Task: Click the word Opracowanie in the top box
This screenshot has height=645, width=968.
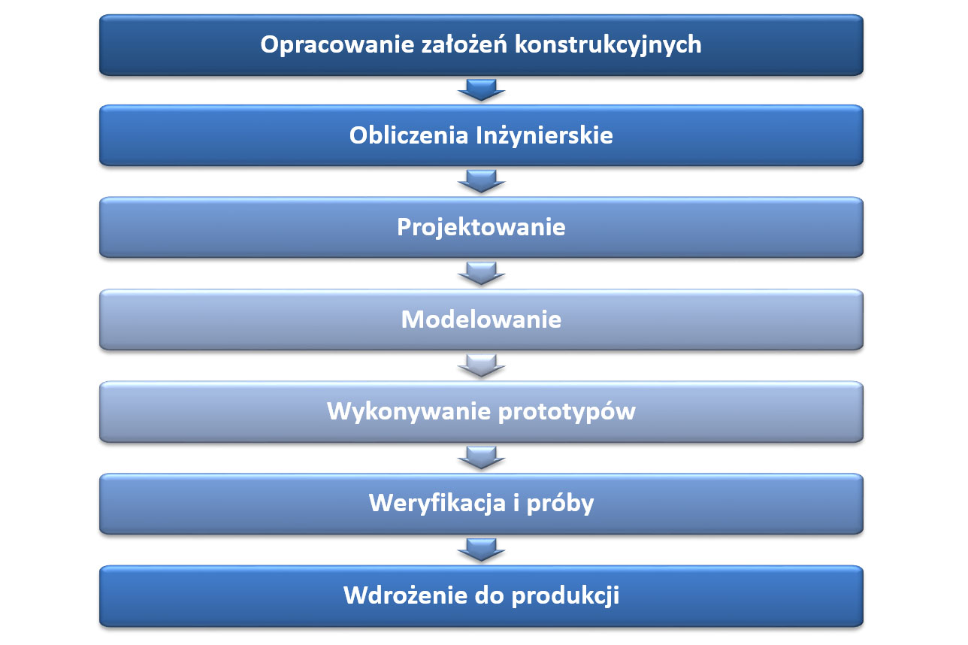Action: click(x=337, y=45)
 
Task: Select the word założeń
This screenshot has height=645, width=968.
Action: click(x=464, y=44)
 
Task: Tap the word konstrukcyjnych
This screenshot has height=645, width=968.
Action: click(x=608, y=45)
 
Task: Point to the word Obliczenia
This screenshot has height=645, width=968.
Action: click(x=409, y=135)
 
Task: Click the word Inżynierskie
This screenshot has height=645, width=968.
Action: click(x=544, y=135)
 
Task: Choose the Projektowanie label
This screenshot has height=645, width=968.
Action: click(x=481, y=228)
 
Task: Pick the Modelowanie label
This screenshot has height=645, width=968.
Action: click(x=481, y=319)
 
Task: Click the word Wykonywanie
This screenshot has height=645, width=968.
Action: click(x=409, y=412)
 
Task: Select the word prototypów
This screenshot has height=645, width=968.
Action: click(x=567, y=412)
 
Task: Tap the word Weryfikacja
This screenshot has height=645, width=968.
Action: click(x=437, y=504)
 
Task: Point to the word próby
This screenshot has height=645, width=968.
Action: click(x=560, y=504)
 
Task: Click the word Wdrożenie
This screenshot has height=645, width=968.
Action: click(x=405, y=595)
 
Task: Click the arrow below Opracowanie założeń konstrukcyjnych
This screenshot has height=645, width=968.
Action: click(x=482, y=90)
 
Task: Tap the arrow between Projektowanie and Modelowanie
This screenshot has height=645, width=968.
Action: click(x=482, y=274)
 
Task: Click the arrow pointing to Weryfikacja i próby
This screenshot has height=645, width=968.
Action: click(x=482, y=458)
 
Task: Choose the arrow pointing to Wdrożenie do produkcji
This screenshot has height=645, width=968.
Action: click(x=482, y=550)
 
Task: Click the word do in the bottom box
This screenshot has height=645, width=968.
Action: click(x=489, y=595)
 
